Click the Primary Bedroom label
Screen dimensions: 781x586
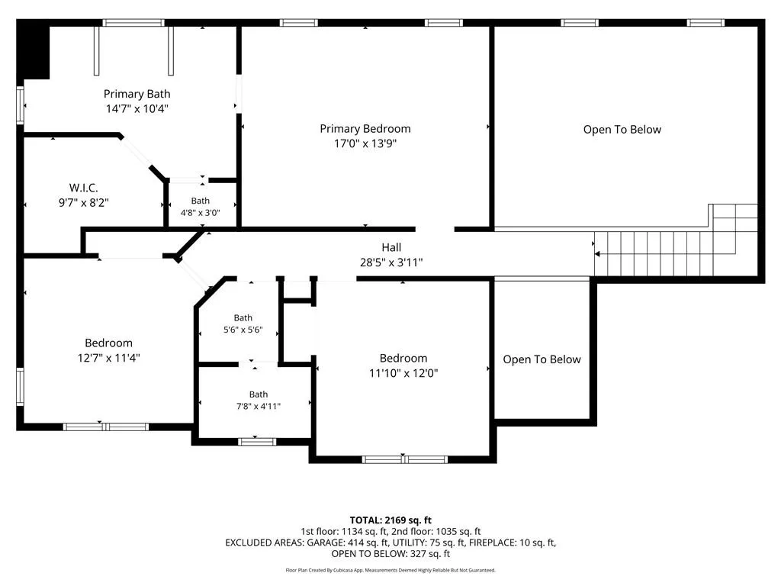tap(365, 129)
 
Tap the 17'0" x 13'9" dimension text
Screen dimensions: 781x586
tap(365, 143)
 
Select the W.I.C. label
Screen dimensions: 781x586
tap(84, 188)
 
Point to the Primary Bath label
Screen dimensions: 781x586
tap(137, 94)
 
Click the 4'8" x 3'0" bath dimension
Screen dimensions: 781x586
tap(201, 213)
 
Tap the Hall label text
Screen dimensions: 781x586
tap(391, 247)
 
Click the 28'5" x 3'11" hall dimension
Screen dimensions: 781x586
tap(391, 262)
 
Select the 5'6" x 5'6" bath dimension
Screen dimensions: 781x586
tap(243, 330)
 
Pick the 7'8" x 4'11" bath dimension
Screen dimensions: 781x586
tap(259, 407)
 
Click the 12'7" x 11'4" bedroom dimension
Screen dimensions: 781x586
tap(108, 358)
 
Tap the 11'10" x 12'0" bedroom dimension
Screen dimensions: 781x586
tap(403, 373)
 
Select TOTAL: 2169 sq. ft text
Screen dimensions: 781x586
tap(390, 520)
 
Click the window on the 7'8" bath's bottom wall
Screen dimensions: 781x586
tap(256, 442)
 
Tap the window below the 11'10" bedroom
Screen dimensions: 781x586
tap(404, 459)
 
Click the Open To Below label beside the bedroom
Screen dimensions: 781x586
tap(542, 360)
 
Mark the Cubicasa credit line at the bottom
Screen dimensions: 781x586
tap(390, 570)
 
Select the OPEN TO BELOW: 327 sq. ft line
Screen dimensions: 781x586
tap(390, 554)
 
